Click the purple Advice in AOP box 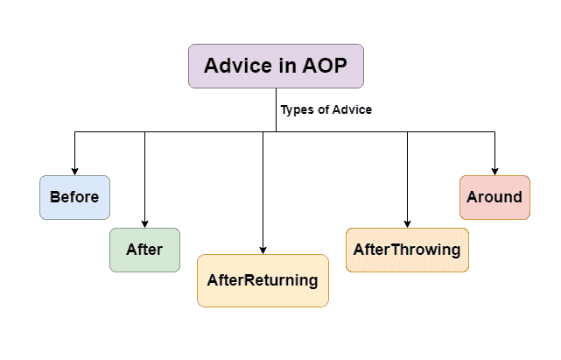(276, 66)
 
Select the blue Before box (74, 197)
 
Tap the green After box (144, 250)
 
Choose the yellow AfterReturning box (263, 280)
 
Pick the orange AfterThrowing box (407, 250)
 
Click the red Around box (494, 197)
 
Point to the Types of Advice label (326, 110)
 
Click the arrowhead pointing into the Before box (74, 171)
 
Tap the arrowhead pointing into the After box (144, 223)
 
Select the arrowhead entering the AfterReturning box (263, 250)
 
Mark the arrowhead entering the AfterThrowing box (407, 223)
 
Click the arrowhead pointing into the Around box (494, 171)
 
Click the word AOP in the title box (325, 66)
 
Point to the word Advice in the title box (236, 66)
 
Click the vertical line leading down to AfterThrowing (407, 175)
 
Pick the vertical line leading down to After (144, 175)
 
